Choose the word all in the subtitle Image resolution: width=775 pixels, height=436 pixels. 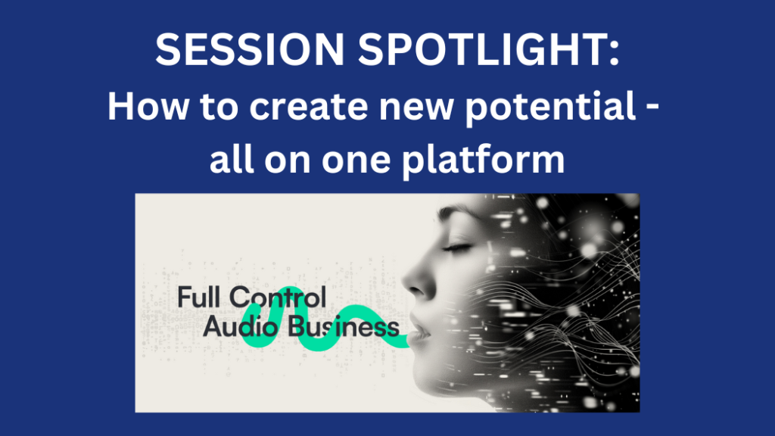232,159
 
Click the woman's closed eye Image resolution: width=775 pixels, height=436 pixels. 457,247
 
